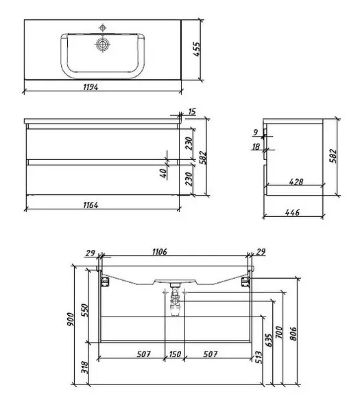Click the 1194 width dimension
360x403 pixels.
point(91,87)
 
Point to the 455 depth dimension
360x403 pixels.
point(197,49)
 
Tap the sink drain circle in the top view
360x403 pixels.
point(102,44)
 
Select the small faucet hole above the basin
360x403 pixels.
point(102,27)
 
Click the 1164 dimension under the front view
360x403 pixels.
point(91,205)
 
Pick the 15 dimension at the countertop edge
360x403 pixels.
point(192,111)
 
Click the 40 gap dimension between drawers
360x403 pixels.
point(163,173)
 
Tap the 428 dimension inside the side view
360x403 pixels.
point(296,182)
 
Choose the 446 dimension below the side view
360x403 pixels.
point(292,212)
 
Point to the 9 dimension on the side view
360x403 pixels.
point(256,132)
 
